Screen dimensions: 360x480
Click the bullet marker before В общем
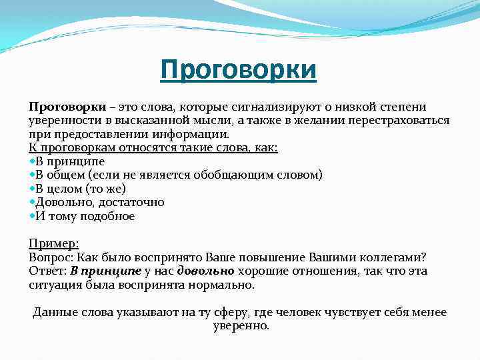32,175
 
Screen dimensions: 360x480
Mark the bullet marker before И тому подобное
32,216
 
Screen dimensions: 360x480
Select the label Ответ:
48,271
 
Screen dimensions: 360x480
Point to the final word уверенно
241,326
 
